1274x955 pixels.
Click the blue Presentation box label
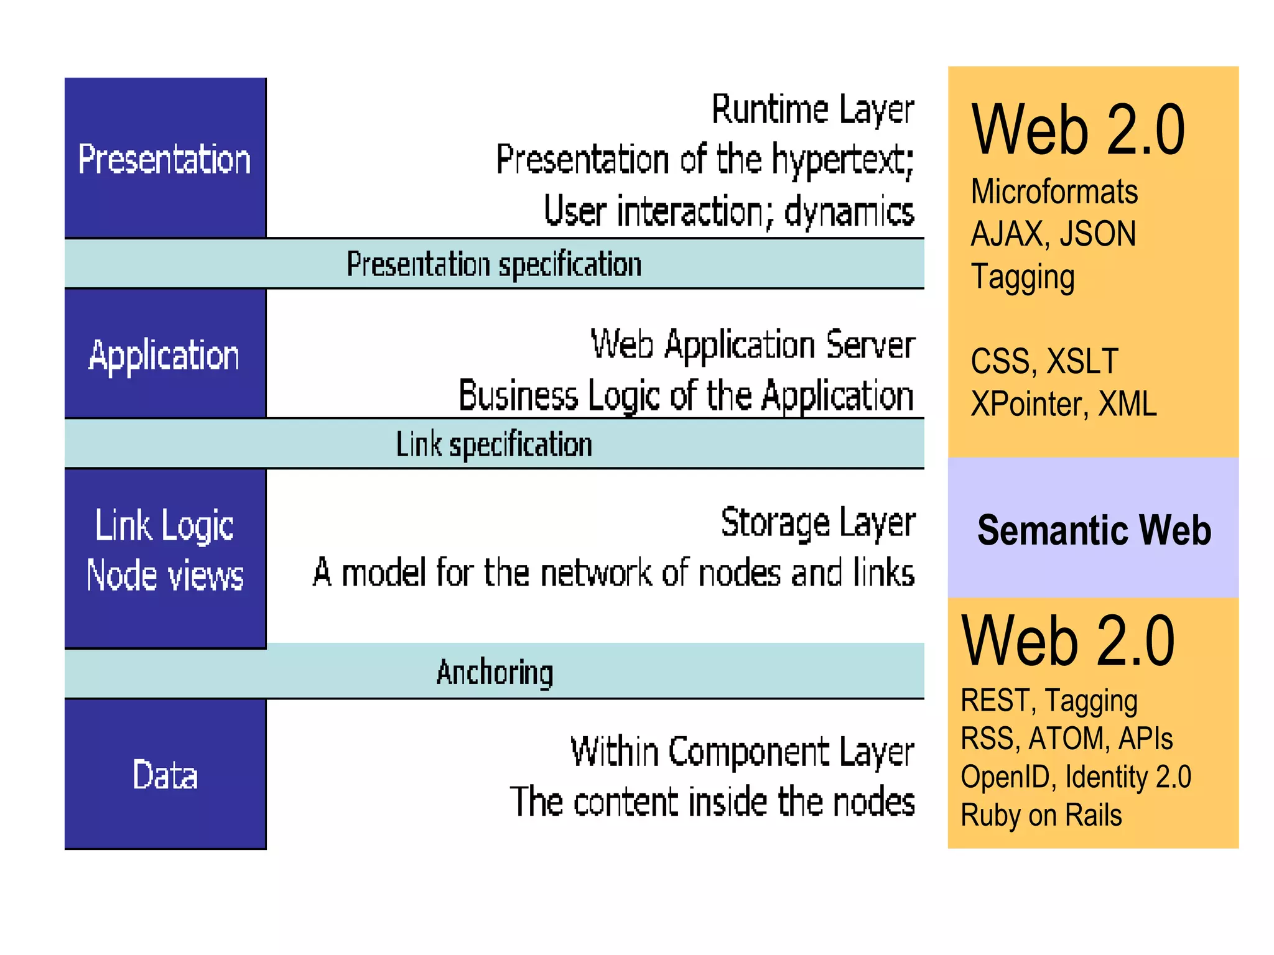tap(164, 159)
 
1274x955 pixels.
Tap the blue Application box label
tap(164, 356)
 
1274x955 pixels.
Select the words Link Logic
tap(164, 526)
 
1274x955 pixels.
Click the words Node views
tap(165, 575)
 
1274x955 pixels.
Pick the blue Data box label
tap(165, 775)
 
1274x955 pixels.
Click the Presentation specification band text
tap(494, 264)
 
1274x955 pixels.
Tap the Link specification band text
tap(494, 445)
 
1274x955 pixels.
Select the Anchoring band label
tap(495, 672)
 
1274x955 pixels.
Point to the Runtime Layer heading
tap(812, 110)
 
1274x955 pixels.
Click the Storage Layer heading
tap(817, 523)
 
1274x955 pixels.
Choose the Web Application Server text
tap(753, 344)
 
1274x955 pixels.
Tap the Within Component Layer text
tap(742, 752)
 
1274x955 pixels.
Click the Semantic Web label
tap(1094, 530)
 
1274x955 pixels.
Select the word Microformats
tap(1054, 191)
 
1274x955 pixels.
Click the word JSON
tap(1098, 234)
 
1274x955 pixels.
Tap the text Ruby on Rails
tap(1041, 815)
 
